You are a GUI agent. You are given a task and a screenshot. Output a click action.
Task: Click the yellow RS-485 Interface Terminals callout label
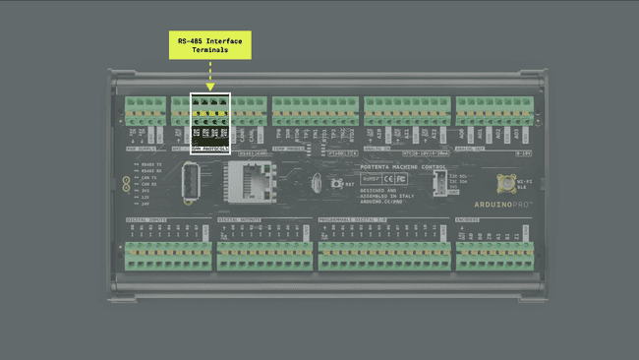coord(209,45)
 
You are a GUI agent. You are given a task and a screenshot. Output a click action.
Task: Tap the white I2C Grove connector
coord(438,183)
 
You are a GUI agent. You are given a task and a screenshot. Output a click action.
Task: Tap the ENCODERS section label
coord(468,219)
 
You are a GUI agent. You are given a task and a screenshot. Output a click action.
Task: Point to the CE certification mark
coord(387,179)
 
